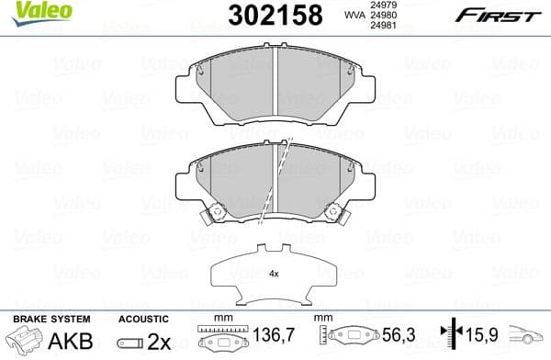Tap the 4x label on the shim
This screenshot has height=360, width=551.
(x=274, y=274)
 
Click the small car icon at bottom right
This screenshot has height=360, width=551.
(x=527, y=338)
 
